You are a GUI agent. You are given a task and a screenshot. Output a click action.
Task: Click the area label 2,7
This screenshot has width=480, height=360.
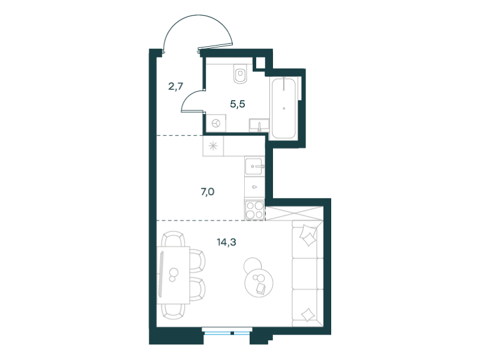176,86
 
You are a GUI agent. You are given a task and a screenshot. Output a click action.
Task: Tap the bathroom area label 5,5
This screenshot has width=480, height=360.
238,104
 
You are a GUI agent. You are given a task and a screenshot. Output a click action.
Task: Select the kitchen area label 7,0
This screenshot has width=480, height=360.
207,192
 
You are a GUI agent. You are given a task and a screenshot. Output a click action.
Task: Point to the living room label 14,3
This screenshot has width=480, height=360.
227,242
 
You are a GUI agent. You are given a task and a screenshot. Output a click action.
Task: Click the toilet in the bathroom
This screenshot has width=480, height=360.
240,73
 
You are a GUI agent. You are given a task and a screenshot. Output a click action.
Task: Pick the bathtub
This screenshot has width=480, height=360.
284,107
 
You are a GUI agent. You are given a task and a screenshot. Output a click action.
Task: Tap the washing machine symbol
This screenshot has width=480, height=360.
216,123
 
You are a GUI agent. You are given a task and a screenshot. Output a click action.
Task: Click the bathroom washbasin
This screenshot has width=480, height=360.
259,125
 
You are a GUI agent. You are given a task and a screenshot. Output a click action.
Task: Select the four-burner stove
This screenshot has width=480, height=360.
254,209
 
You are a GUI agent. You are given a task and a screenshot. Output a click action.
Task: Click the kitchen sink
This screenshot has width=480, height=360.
254,166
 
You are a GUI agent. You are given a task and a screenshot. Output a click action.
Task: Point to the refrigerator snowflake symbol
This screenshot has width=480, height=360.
213,146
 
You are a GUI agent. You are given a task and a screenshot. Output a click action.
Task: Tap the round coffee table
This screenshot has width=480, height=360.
259,283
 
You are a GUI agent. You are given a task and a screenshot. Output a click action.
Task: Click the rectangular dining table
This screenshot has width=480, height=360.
173,275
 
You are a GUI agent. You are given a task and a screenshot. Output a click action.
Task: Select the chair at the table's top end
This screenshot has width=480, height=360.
173,238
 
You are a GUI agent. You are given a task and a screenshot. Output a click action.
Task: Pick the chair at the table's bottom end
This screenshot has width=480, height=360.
173,311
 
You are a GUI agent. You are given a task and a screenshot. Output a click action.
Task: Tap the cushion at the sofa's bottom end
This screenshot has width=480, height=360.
308,314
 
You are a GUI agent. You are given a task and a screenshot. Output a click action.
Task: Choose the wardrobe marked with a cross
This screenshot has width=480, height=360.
294,213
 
